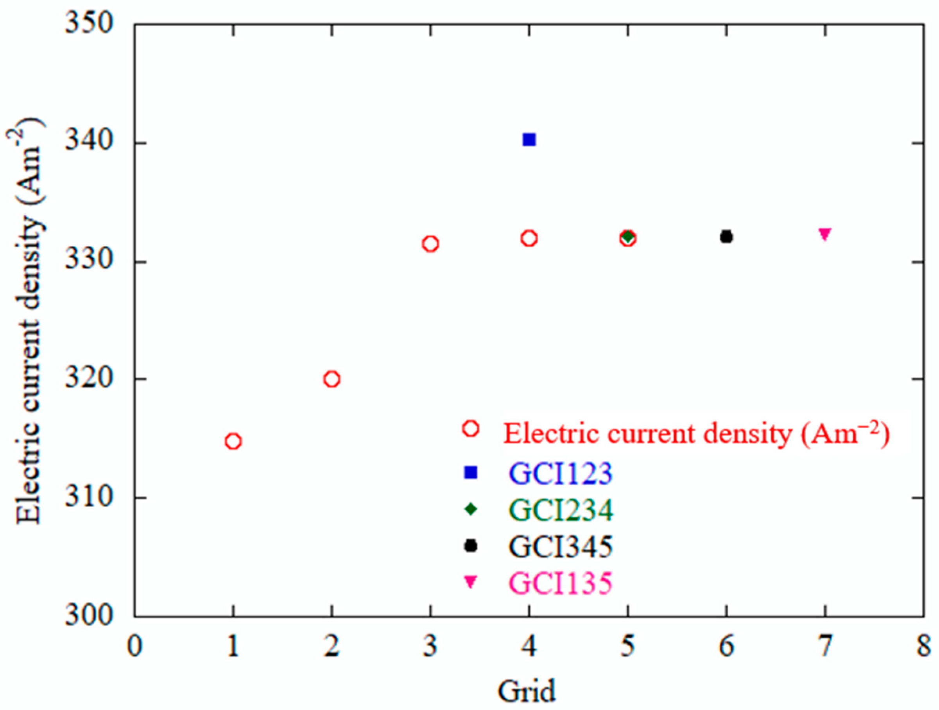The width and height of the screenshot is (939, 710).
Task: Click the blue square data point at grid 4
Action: (529, 139)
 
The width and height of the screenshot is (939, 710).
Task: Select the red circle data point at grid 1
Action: (233, 442)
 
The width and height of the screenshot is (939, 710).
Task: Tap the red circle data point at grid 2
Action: (332, 379)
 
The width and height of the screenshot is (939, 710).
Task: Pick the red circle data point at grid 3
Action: (430, 243)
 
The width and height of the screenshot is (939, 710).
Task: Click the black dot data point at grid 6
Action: (726, 237)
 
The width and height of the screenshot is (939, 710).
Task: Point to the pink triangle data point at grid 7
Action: (825, 234)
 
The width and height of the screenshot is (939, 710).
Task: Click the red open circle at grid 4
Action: (529, 238)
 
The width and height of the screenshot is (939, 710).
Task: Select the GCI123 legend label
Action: (561, 473)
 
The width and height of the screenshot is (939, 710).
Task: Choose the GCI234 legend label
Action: (561, 510)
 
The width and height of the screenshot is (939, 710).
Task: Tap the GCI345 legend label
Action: (561, 547)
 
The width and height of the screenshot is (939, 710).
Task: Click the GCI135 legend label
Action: (561, 583)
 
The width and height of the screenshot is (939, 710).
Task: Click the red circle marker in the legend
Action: (471, 429)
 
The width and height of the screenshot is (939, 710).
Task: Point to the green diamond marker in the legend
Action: (470, 509)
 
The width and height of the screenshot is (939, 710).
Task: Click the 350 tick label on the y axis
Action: (90, 25)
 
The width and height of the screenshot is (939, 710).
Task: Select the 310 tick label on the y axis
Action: (90, 497)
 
